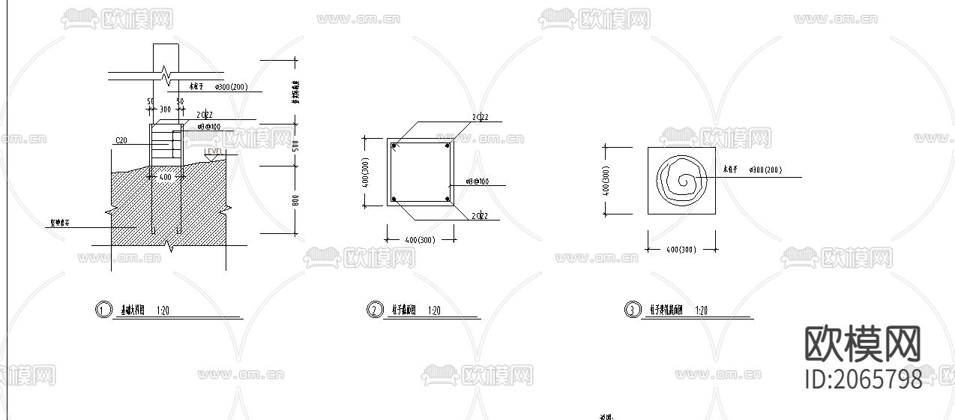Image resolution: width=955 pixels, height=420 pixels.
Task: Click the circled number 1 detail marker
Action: click(103, 310)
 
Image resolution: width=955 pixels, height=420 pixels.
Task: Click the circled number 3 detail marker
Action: click(633, 310)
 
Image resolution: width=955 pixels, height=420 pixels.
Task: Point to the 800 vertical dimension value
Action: click(295, 199)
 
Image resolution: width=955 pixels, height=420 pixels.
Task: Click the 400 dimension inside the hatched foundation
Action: click(165, 177)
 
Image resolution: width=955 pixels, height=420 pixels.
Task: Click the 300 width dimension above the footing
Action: click(165, 109)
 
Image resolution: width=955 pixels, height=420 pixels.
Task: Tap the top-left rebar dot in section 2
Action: click(393, 145)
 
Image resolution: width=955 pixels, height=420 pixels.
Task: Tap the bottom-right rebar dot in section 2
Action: click(447, 199)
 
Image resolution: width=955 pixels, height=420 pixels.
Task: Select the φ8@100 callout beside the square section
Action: click(477, 181)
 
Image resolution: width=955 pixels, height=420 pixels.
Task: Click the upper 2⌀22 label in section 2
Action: click(480, 117)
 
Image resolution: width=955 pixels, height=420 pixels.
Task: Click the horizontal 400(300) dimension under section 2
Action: click(420, 240)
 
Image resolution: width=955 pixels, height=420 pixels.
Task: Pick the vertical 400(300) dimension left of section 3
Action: click(606, 181)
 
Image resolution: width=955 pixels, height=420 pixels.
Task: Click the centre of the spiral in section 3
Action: click(682, 181)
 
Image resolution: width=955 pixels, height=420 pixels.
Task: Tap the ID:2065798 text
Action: click(863, 379)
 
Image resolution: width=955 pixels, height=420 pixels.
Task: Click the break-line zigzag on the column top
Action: click(166, 74)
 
